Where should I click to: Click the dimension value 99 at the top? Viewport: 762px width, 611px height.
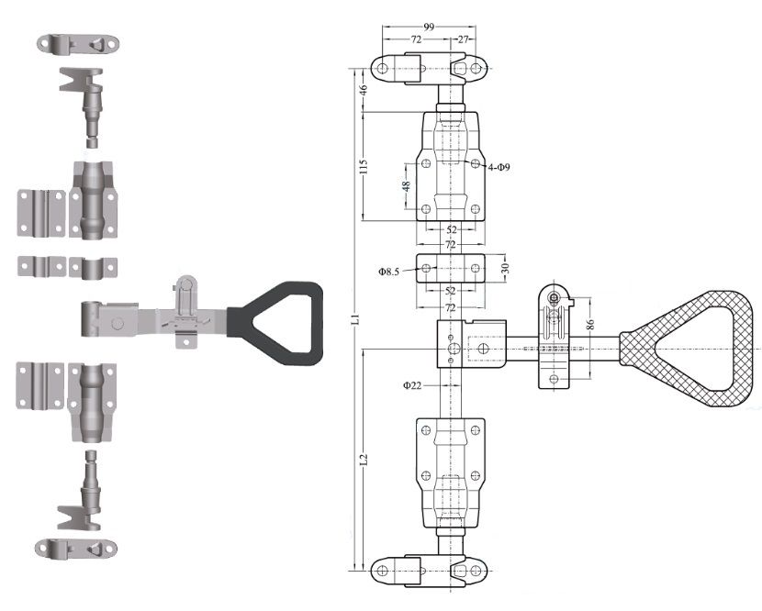(429, 28)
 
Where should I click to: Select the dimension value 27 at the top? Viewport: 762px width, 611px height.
(463, 39)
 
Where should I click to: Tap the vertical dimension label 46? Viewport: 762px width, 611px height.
(363, 89)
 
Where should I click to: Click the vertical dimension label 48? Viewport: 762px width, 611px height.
(407, 185)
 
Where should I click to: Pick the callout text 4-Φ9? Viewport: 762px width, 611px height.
(499, 168)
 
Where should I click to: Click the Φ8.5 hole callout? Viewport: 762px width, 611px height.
(388, 272)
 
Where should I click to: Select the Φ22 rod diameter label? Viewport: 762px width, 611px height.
(412, 385)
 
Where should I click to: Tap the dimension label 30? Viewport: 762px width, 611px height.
(506, 268)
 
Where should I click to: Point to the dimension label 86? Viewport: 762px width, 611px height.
(591, 325)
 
